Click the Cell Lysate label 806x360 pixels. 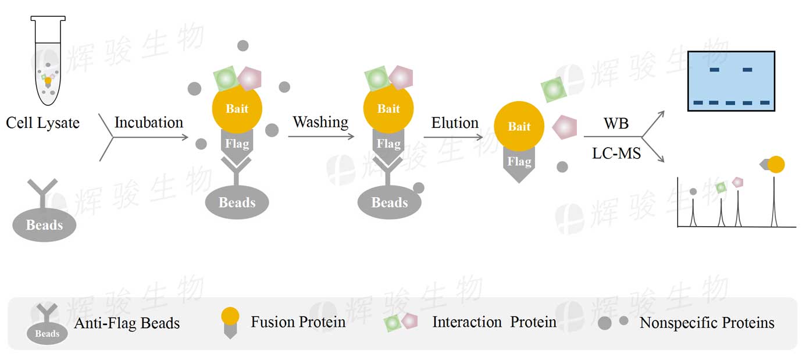(x=42, y=123)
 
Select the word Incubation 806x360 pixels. (x=148, y=123)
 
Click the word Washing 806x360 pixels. (x=320, y=122)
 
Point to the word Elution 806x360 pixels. (x=455, y=123)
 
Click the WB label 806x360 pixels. (x=616, y=124)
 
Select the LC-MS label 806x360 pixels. (x=616, y=153)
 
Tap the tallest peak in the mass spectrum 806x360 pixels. (x=773, y=201)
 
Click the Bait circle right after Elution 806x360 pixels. (x=519, y=127)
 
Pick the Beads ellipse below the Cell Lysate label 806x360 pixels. (x=45, y=224)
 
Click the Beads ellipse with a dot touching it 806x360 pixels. (x=389, y=202)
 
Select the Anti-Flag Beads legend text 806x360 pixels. (x=127, y=323)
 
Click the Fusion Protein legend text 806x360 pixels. (x=298, y=322)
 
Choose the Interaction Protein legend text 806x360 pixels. (x=494, y=322)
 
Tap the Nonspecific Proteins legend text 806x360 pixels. (x=707, y=323)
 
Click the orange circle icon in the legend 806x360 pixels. (x=230, y=316)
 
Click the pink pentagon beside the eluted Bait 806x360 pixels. (x=564, y=126)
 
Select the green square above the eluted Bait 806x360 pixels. (x=553, y=89)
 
